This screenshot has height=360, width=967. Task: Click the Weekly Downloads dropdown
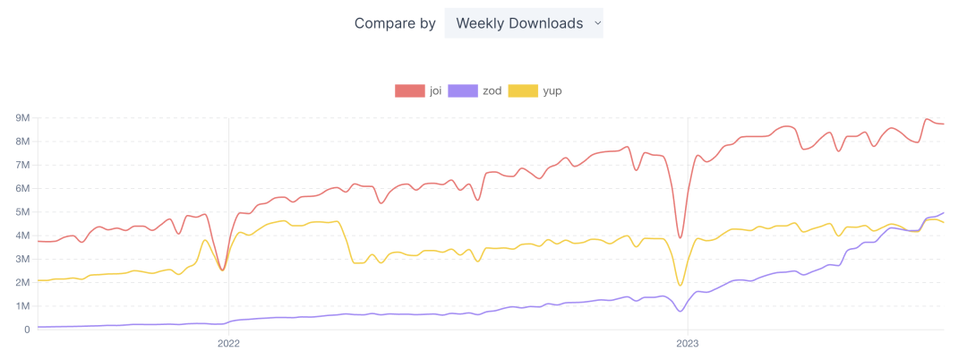click(x=523, y=23)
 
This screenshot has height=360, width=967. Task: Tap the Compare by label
click(x=395, y=23)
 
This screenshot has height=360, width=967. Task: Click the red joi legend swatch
click(x=410, y=90)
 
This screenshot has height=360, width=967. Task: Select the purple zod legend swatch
click(x=463, y=90)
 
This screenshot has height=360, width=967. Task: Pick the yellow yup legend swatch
click(x=523, y=90)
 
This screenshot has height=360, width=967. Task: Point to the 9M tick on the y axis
click(x=21, y=117)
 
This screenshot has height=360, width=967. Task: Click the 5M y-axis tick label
click(x=21, y=211)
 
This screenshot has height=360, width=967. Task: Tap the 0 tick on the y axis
click(x=26, y=330)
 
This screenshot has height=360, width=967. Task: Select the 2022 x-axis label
click(x=228, y=342)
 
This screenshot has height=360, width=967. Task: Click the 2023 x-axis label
click(x=687, y=342)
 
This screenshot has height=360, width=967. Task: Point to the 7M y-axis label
click(x=21, y=165)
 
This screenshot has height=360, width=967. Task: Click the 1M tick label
click(x=21, y=306)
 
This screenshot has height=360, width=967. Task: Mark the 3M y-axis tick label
click(x=21, y=259)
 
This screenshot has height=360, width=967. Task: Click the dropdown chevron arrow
click(x=597, y=23)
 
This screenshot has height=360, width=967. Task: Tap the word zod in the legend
click(x=492, y=90)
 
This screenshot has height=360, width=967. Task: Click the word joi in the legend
click(x=436, y=90)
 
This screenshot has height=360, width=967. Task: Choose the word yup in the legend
click(x=552, y=90)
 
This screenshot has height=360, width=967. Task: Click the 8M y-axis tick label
click(x=21, y=141)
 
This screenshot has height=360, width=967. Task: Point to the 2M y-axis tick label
click(x=21, y=282)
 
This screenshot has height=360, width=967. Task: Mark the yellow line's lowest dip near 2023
click(x=680, y=286)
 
